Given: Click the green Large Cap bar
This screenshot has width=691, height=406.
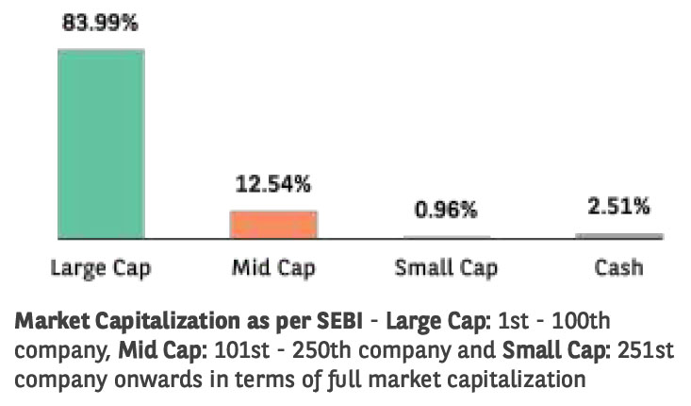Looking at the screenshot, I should tap(100, 142).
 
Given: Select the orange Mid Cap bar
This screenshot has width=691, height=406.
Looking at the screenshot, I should tap(273, 224).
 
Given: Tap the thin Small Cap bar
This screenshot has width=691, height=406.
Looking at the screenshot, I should tap(447, 236).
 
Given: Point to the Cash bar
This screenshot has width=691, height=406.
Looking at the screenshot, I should tap(619, 235).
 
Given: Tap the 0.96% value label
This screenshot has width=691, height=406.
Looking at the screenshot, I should tap(447, 210).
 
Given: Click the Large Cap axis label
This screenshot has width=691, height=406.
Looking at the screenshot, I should tap(100, 267).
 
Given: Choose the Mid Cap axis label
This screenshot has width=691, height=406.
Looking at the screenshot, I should tap(273, 267).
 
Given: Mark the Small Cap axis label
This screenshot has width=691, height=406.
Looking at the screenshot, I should tap(447, 267).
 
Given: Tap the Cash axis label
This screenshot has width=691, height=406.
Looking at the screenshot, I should tap(619, 267).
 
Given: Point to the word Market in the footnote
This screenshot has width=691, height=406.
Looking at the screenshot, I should tap(47, 321).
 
